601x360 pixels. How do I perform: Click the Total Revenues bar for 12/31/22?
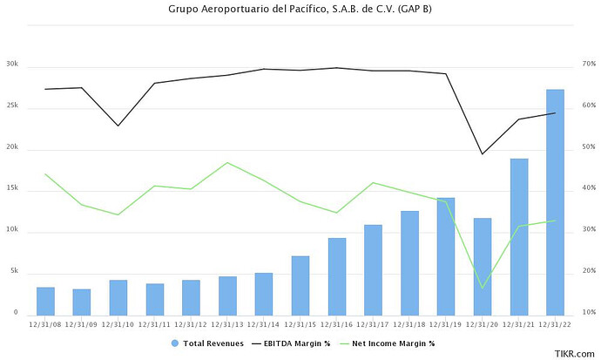point(555,201)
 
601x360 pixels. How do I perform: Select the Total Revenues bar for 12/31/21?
point(518,236)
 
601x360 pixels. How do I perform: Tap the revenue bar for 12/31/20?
point(482,266)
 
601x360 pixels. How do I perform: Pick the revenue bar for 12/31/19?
point(445,255)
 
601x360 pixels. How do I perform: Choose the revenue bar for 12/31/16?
point(336,275)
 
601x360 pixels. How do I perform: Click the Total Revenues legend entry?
point(206,343)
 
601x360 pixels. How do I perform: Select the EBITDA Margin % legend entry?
point(291,343)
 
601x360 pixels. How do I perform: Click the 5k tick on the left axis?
point(13,273)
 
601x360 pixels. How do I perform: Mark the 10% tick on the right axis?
point(589,312)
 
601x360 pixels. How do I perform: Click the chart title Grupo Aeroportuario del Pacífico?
point(300,10)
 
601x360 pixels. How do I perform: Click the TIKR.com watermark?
point(575,353)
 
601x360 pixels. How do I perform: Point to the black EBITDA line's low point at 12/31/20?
point(482,154)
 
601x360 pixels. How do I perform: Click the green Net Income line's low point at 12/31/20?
point(482,288)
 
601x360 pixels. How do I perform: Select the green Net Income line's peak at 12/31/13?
point(226,163)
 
